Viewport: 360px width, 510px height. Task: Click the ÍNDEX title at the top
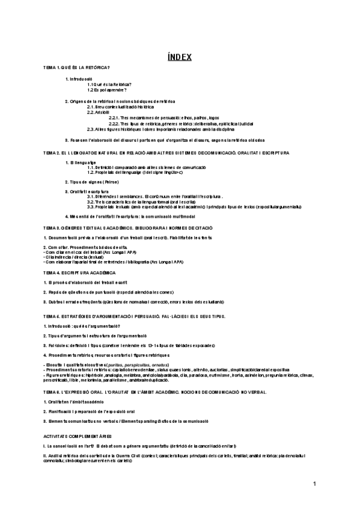pyautogui.click(x=180, y=57)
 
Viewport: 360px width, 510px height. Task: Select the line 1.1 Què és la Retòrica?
pyautogui.click(x=110, y=84)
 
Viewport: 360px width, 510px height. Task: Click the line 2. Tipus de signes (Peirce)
pyautogui.click(x=94, y=180)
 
